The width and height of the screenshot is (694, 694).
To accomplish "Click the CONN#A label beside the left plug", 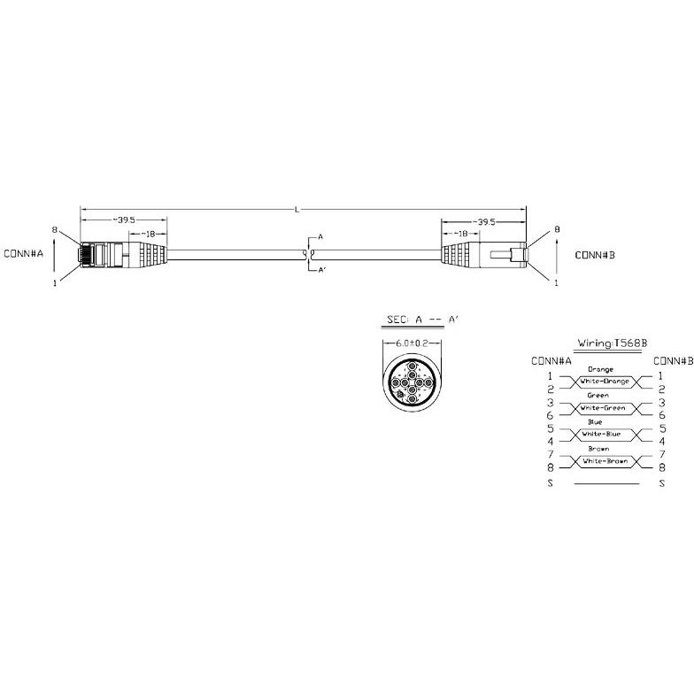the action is point(23,253).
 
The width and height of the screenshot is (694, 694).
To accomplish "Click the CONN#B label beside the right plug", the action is point(595,255).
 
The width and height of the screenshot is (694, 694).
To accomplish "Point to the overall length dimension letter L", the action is point(297,209).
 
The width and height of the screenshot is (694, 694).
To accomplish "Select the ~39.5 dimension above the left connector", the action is point(124,220).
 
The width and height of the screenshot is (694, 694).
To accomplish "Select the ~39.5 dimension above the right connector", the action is point(483,221).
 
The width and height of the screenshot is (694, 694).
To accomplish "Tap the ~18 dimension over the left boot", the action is point(148,234).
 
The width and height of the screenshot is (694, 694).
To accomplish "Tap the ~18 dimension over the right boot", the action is point(460,234).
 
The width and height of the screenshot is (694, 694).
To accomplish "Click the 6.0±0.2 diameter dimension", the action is point(412,343).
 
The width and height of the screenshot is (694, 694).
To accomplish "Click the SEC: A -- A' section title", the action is point(421,320).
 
